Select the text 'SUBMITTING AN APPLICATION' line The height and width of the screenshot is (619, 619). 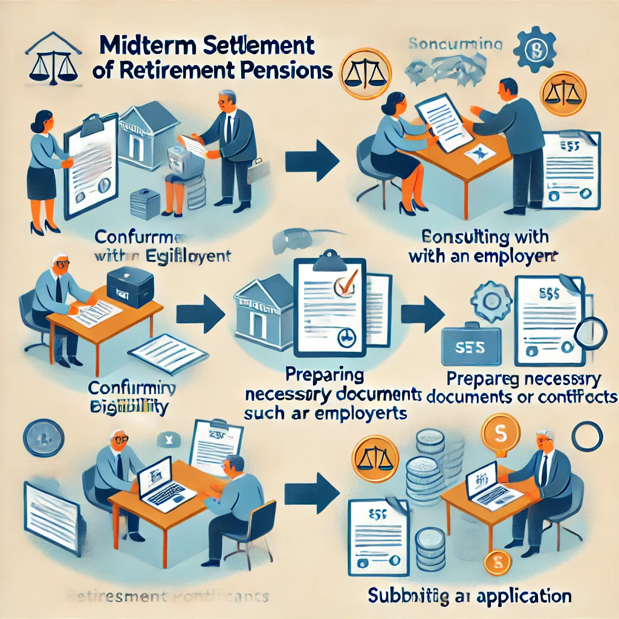point(470,596)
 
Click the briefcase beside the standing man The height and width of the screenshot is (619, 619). point(255,172)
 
